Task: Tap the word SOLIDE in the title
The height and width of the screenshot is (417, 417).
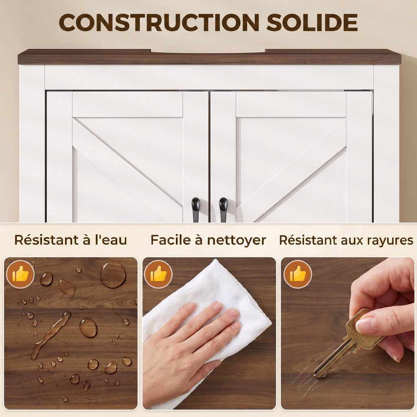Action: click(x=312, y=22)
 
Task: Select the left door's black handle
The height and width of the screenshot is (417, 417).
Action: click(x=196, y=209)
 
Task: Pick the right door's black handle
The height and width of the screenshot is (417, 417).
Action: click(x=223, y=209)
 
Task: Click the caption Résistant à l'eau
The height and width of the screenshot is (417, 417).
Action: click(x=71, y=240)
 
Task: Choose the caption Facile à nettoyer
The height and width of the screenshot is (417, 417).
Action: click(x=208, y=240)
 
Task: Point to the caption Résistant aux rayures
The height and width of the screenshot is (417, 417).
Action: click(x=346, y=240)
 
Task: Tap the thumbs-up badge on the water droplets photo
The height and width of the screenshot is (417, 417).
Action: click(x=20, y=274)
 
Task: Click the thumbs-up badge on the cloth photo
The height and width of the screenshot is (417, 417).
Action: click(x=158, y=274)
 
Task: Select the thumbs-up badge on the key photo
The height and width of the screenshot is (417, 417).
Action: click(x=298, y=274)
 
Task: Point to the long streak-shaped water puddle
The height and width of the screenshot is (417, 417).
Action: click(x=50, y=335)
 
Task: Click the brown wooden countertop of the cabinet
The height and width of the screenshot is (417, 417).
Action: click(x=209, y=57)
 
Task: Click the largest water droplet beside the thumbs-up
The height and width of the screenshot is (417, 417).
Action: click(x=113, y=274)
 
